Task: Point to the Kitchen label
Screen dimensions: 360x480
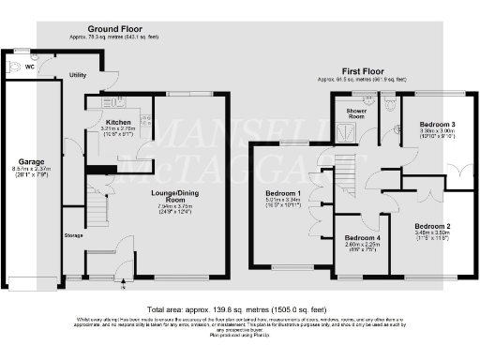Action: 118,123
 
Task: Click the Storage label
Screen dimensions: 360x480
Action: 73,235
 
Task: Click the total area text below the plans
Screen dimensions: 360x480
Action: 239,308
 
